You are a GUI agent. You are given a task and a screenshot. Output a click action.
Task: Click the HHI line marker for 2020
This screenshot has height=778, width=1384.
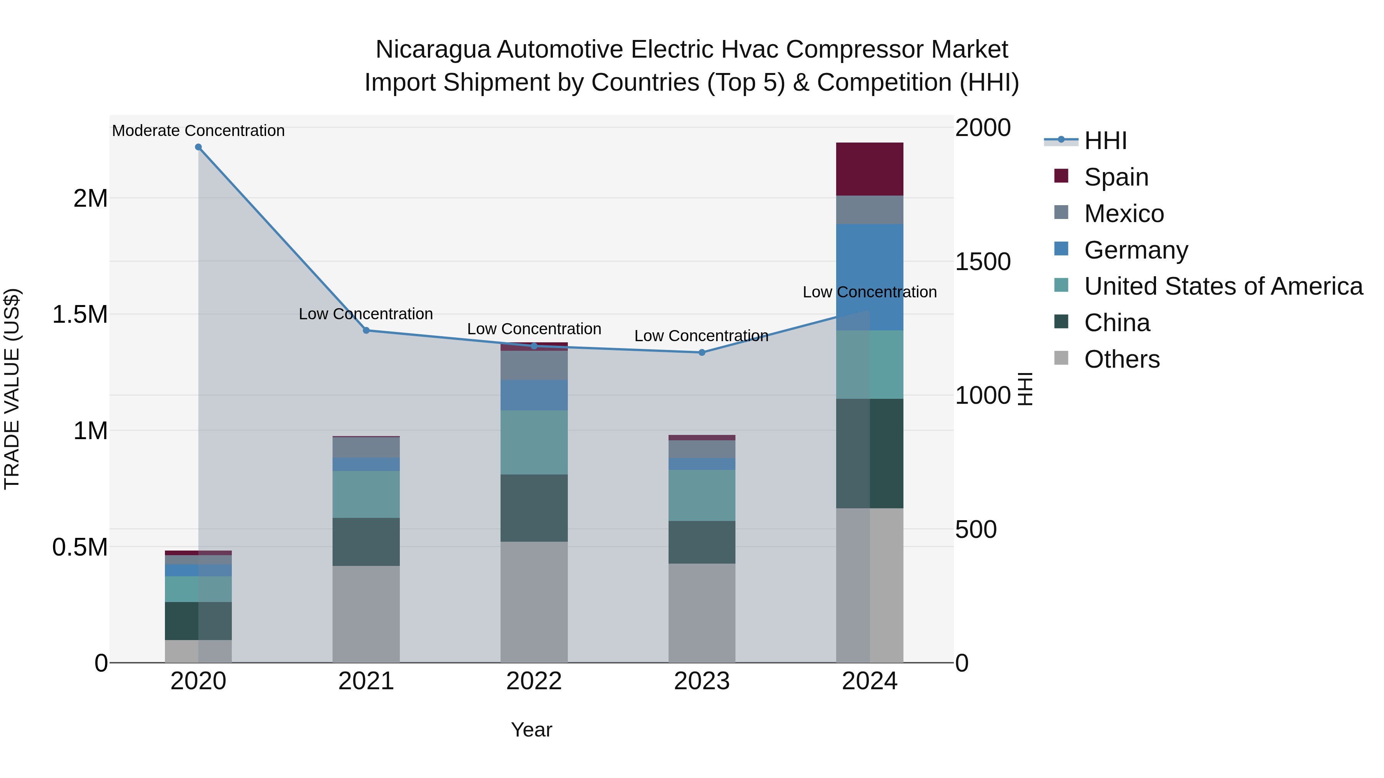click(x=198, y=147)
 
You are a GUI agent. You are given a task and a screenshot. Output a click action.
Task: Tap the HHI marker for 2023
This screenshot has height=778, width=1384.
click(x=702, y=353)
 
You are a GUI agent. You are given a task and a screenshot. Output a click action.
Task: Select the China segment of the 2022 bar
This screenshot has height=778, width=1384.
click(x=534, y=508)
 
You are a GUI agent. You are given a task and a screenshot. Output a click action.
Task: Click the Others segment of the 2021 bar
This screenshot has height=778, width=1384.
click(x=366, y=614)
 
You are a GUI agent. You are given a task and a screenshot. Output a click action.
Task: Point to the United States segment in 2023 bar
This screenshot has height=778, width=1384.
click(x=702, y=495)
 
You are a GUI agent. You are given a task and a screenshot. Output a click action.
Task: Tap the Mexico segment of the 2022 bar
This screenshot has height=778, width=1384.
click(x=534, y=366)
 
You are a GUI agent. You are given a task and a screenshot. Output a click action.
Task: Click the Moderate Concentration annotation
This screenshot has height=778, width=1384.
click(x=198, y=131)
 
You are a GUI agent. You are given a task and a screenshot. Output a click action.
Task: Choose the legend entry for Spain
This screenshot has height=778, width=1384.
click(x=1116, y=177)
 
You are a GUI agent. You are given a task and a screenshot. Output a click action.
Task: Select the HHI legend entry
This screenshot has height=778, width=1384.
click(x=1105, y=141)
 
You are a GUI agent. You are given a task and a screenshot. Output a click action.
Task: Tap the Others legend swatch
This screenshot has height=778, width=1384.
click(x=1061, y=358)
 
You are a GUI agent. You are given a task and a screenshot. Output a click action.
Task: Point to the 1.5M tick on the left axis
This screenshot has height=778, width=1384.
click(x=80, y=315)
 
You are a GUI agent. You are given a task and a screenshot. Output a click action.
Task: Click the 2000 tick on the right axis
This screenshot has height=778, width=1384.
click(x=983, y=128)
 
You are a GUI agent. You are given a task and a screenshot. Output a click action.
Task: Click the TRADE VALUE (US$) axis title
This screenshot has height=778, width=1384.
click(x=12, y=389)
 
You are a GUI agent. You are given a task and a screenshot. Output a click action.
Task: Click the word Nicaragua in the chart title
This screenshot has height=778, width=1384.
click(x=432, y=50)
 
